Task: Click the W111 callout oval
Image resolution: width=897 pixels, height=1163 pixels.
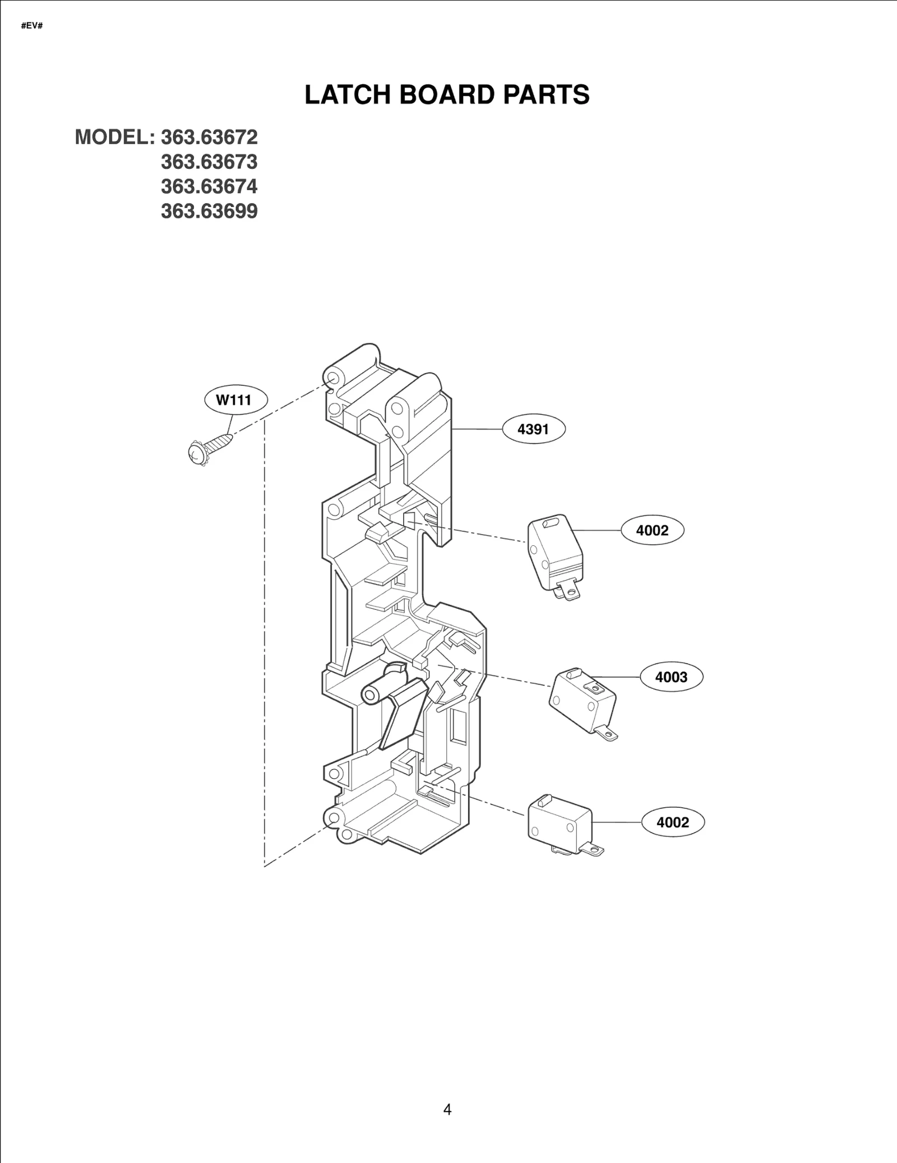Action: pos(234,400)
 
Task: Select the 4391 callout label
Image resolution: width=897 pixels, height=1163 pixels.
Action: pos(533,430)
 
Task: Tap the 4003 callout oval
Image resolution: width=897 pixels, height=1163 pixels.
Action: pos(671,677)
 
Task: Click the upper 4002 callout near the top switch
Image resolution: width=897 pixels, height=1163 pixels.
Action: pos(652,530)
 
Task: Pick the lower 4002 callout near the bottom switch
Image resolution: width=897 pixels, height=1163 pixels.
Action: pos(672,822)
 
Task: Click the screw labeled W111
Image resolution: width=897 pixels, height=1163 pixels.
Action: pos(210,446)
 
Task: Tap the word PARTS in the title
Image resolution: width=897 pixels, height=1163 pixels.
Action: pos(546,95)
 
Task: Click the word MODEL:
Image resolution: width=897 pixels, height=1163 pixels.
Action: pos(114,137)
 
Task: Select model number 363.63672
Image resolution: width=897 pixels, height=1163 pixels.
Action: pos(209,137)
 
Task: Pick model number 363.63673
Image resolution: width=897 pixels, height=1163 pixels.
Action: pos(209,162)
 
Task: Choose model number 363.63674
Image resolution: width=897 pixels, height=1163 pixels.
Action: pos(209,186)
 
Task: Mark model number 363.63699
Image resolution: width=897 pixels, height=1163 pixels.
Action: pos(209,211)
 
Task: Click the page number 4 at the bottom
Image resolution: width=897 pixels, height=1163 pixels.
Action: pos(447,1109)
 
